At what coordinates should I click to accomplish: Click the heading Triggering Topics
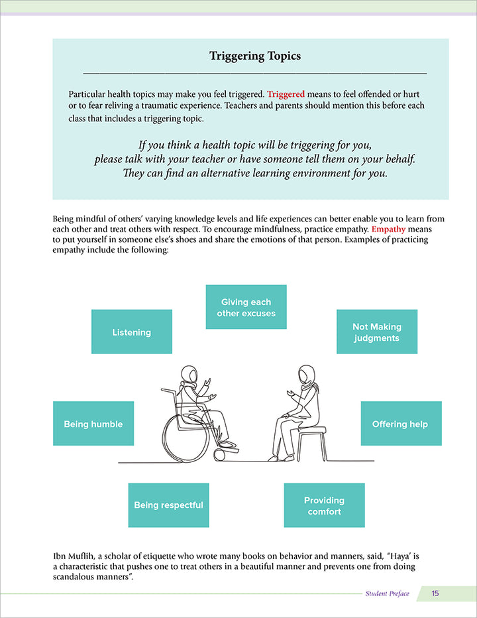pyautogui.click(x=255, y=56)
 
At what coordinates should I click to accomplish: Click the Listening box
pyautogui.click(x=131, y=332)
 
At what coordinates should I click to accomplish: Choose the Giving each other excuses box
pyautogui.click(x=246, y=307)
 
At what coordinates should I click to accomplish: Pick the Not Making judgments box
pyautogui.click(x=377, y=332)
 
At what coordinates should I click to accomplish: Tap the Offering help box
pyautogui.click(x=400, y=424)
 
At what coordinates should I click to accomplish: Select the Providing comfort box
pyautogui.click(x=324, y=505)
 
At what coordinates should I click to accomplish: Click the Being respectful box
pyautogui.click(x=168, y=505)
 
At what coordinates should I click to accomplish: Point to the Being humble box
pyautogui.click(x=93, y=424)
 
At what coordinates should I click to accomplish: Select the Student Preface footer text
pyautogui.click(x=388, y=593)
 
